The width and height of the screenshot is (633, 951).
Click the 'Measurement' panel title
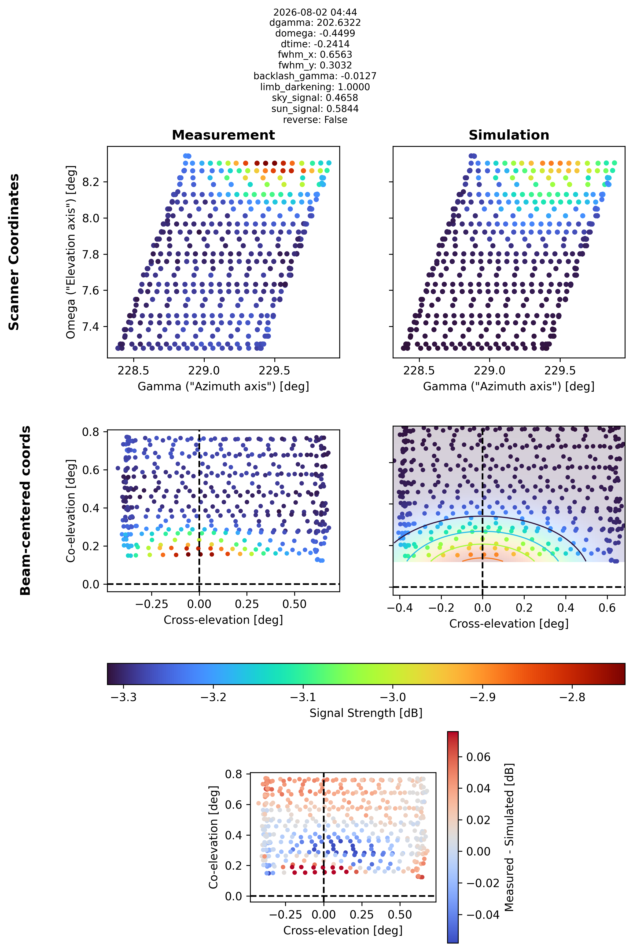click(x=223, y=135)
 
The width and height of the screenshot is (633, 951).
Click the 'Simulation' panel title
click(x=509, y=135)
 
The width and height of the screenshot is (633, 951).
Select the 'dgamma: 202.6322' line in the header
click(x=315, y=23)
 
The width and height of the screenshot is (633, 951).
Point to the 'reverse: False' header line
click(x=315, y=120)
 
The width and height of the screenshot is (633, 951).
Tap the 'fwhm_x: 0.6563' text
click(x=315, y=54)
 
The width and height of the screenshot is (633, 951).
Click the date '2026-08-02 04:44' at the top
click(x=315, y=12)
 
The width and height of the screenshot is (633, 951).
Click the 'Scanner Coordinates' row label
click(x=14, y=252)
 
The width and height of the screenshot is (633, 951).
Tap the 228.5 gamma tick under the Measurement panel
click(x=133, y=370)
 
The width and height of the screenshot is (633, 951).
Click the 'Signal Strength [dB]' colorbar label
click(x=366, y=713)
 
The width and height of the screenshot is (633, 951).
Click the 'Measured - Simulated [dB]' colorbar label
click(x=509, y=837)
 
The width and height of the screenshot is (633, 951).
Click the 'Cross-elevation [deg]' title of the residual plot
click(x=343, y=930)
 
